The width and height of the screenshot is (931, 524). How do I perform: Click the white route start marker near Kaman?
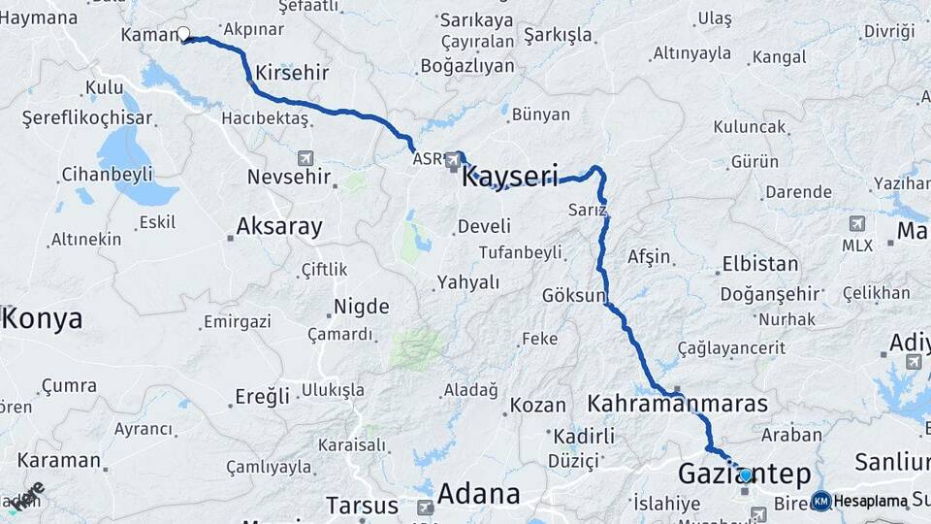point(183,35)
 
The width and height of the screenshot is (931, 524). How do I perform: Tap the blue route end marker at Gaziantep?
point(746,475)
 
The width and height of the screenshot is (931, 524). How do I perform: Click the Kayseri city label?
point(510,177)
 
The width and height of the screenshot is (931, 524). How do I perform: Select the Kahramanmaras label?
point(678,403)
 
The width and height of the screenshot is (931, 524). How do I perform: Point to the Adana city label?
point(478,494)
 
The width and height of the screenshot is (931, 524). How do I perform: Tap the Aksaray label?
point(279,227)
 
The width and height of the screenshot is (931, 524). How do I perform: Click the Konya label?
point(44,319)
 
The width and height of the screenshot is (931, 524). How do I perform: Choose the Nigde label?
point(362,308)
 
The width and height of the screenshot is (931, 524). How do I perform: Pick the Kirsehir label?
point(293,73)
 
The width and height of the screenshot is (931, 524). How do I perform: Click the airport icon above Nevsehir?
point(306,157)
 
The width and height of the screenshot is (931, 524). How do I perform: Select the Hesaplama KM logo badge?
point(821,501)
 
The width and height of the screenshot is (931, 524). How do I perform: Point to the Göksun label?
point(574,295)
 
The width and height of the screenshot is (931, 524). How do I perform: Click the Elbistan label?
point(760,264)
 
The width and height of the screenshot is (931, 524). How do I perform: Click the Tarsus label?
point(362,506)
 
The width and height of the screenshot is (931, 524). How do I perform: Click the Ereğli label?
point(263,396)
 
